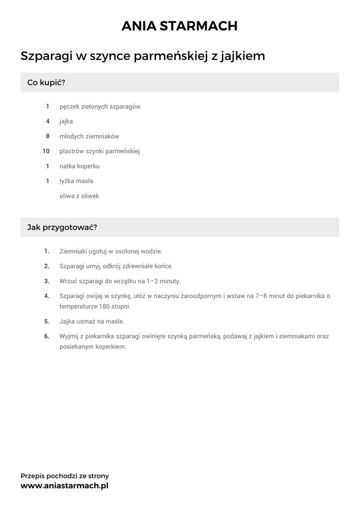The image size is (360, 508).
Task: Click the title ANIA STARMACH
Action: (180, 26)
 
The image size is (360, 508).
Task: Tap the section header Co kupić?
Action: (46, 82)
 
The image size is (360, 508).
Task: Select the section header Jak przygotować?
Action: (62, 227)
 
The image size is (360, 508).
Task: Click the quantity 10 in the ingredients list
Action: (46, 151)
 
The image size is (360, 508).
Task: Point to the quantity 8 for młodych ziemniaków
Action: (48, 136)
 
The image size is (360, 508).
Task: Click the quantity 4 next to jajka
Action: (48, 122)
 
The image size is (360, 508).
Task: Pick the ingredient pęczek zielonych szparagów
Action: (100, 107)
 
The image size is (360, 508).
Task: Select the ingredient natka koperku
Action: (79, 166)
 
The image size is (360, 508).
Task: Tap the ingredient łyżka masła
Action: (76, 181)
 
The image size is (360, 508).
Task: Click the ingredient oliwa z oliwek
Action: (79, 196)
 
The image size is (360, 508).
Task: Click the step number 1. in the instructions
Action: (47, 251)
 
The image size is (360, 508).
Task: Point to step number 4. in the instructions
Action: (47, 296)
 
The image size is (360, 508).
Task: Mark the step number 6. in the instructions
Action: (47, 336)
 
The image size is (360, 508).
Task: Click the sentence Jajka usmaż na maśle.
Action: (92, 321)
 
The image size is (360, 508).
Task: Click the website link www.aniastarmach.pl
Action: (64, 486)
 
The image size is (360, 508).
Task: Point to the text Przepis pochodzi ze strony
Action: (65, 476)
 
